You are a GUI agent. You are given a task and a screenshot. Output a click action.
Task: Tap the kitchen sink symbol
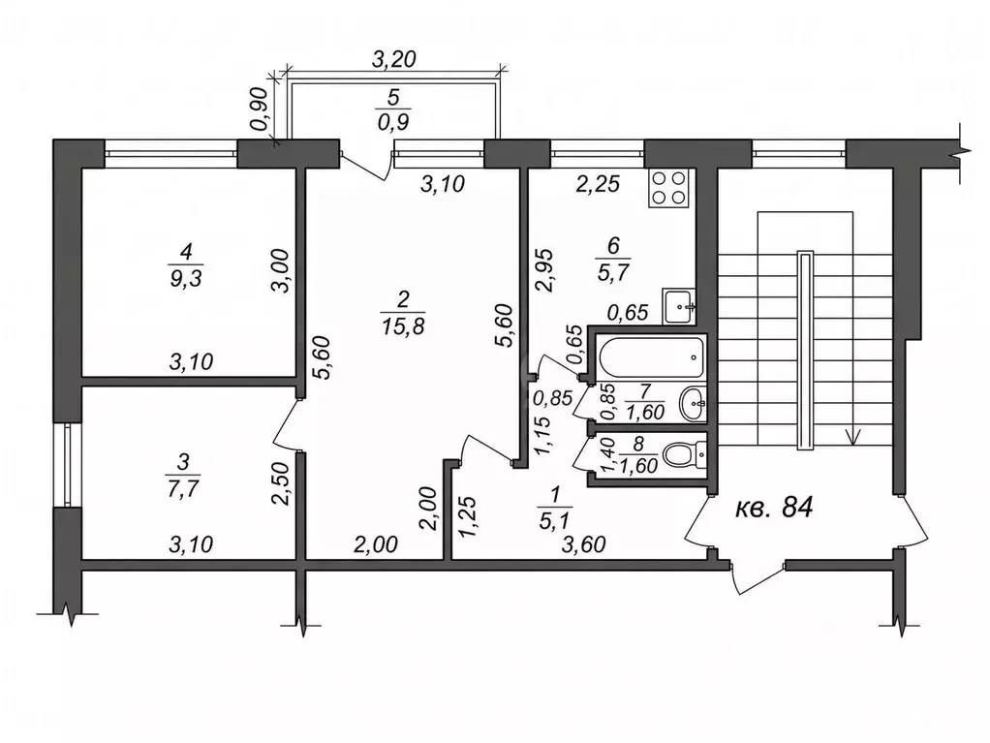[x=679, y=307]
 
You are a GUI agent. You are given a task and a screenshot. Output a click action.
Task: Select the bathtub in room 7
[x=651, y=357]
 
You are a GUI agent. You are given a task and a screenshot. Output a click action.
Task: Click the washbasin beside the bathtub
[x=693, y=404]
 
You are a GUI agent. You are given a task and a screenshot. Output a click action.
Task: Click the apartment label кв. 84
[x=774, y=507]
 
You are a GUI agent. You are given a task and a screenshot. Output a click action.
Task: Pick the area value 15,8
[x=403, y=326]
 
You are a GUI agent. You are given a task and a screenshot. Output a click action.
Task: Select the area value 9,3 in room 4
[x=185, y=278]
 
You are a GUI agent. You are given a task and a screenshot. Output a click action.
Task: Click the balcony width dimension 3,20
[x=394, y=59]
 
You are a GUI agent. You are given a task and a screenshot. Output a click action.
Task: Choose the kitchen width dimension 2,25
[x=598, y=184]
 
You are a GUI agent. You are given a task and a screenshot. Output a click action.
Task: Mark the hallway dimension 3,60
[x=584, y=544]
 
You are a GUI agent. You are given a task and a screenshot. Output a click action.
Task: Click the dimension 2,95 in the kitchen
[x=544, y=270]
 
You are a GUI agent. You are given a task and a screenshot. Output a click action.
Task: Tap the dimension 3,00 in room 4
[x=280, y=270]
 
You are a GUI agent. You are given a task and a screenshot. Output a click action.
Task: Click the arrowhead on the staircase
[x=853, y=437]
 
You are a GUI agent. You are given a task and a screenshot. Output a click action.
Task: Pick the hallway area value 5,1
[x=555, y=522]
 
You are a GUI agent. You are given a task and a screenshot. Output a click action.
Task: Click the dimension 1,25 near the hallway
[x=467, y=517]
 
